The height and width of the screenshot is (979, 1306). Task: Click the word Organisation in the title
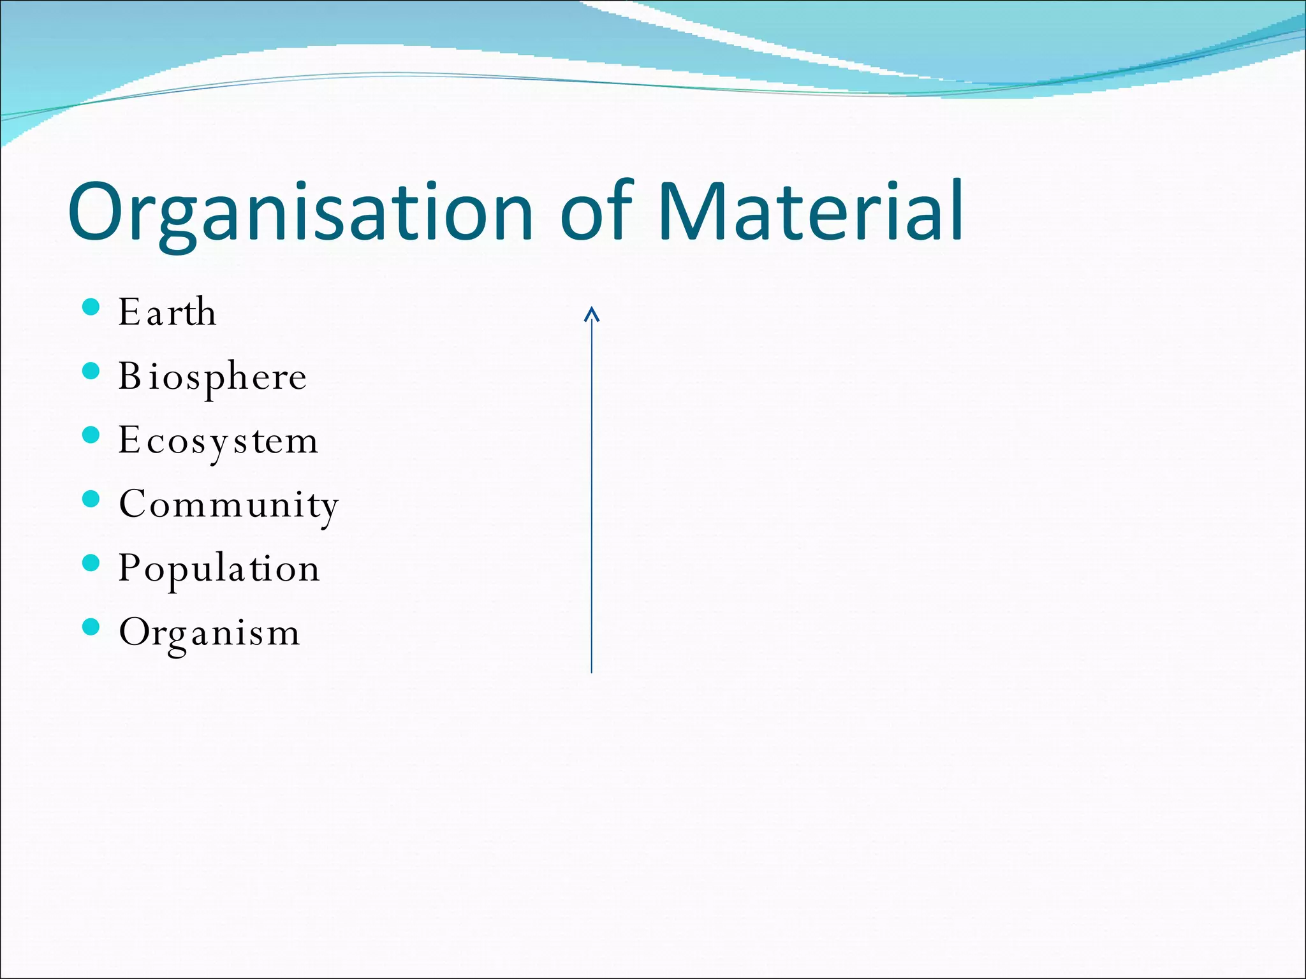pos(300,212)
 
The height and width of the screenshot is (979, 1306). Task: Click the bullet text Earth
pos(167,312)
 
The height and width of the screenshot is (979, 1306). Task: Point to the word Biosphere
pos(212,377)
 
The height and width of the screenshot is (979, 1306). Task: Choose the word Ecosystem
pos(218,441)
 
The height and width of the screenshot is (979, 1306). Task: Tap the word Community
pos(228,505)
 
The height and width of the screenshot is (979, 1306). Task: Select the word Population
pos(219,569)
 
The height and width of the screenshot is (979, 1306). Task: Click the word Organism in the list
pos(209,633)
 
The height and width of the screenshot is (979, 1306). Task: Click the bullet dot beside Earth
pos(92,307)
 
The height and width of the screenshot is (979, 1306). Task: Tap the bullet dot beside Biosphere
pos(92,371)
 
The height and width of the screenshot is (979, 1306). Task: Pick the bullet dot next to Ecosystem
pos(92,435)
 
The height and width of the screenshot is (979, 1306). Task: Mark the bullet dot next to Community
pos(92,499)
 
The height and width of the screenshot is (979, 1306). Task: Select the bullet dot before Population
pos(92,563)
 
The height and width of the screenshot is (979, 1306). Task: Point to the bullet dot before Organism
pos(92,627)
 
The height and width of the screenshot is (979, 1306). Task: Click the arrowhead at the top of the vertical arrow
pos(592,313)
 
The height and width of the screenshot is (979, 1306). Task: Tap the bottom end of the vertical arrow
pos(592,671)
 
